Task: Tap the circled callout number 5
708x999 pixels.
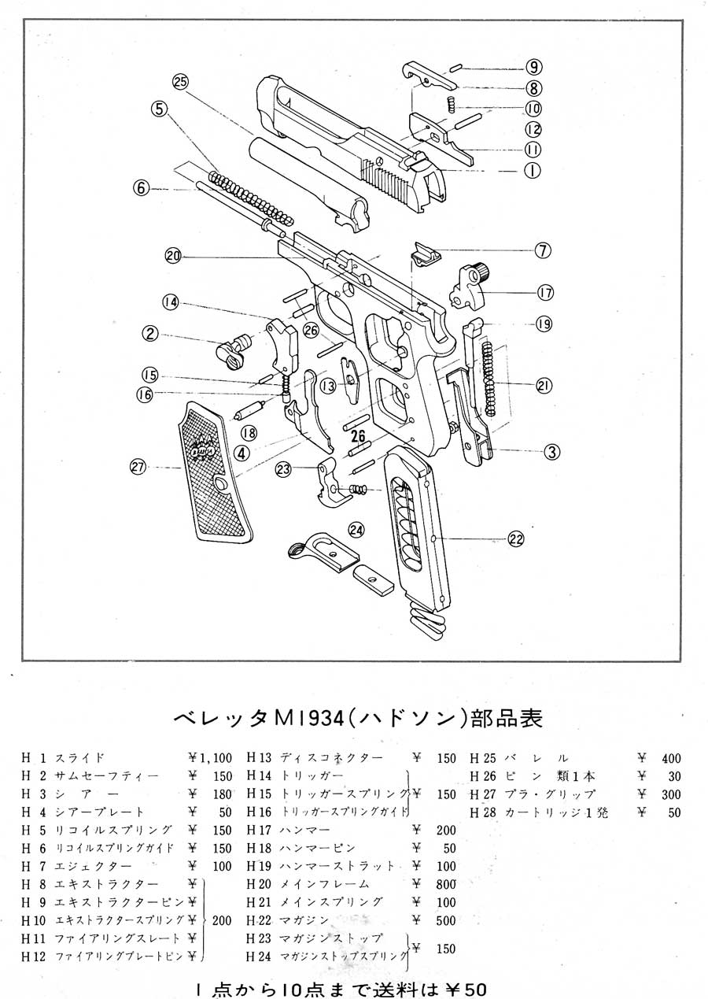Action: click(160, 109)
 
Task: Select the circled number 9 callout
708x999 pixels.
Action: click(534, 67)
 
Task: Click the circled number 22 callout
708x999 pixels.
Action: click(516, 538)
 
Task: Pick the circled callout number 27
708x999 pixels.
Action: click(138, 468)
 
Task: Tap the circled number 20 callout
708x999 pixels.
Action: click(173, 255)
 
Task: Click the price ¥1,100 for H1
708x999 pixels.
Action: click(210, 758)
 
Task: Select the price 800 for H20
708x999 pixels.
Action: click(445, 884)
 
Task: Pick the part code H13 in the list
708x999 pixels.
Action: click(259, 758)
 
